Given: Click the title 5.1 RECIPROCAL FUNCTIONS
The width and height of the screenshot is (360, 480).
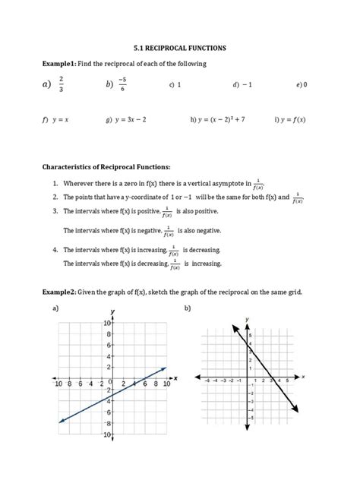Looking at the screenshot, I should pyautogui.click(x=179, y=47).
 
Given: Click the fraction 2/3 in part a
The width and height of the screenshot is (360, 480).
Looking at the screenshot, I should pyautogui.click(x=61, y=84).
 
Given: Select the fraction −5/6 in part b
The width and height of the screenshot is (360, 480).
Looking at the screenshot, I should pyautogui.click(x=122, y=84).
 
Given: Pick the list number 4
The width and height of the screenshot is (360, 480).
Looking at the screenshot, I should pyautogui.click(x=55, y=250).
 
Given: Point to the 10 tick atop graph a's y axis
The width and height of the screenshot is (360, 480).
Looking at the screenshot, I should pyautogui.click(x=107, y=323).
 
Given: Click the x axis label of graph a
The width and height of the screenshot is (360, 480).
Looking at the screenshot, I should pyautogui.click(x=175, y=377).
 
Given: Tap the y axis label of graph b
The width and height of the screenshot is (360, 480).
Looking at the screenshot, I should pyautogui.click(x=247, y=320).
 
